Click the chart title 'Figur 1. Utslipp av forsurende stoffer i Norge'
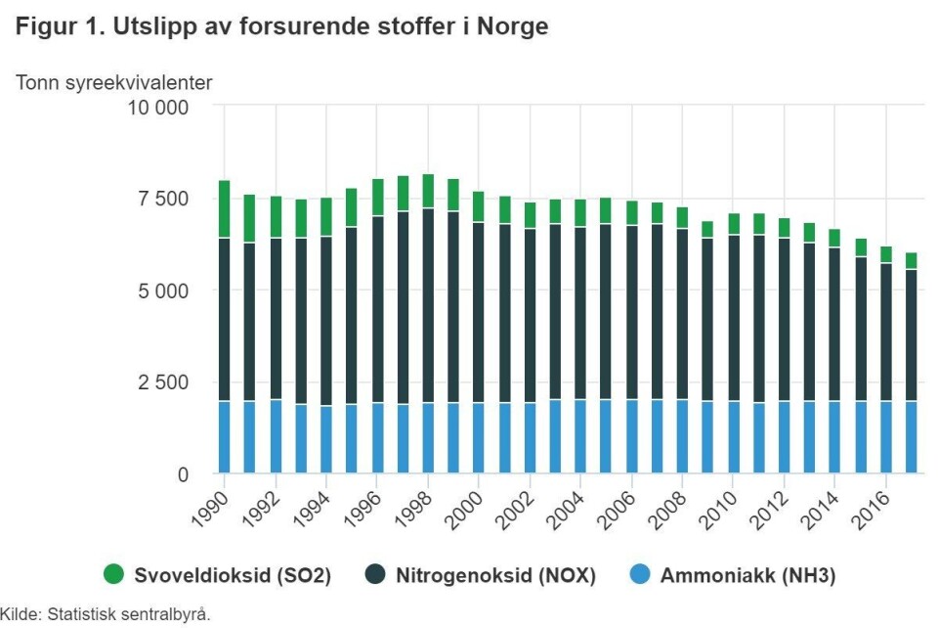tap(282, 28)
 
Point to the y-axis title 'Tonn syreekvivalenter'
tap(113, 82)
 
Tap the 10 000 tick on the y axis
tap(157, 107)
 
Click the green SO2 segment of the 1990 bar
tap(225, 209)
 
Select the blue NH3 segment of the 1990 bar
tap(225, 437)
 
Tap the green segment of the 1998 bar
tap(428, 191)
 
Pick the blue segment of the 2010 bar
tap(733, 437)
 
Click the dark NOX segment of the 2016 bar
tap(885, 333)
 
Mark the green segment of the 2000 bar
tap(479, 206)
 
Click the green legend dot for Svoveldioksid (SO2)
tap(114, 575)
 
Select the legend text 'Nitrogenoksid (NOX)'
tap(495, 576)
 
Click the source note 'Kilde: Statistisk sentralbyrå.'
tap(106, 614)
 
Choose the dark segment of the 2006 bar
tap(631, 313)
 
